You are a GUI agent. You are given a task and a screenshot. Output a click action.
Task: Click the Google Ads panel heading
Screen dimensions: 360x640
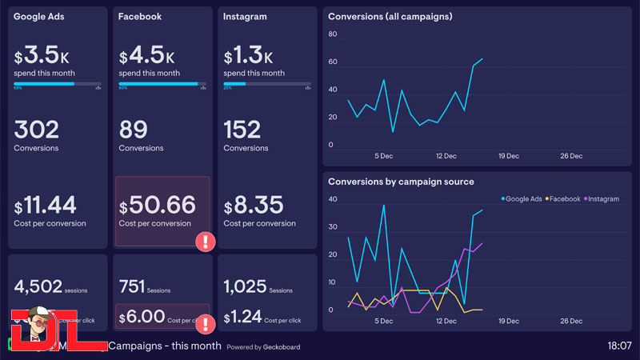click(x=39, y=17)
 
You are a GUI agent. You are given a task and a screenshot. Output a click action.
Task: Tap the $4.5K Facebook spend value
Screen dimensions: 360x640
click(x=147, y=57)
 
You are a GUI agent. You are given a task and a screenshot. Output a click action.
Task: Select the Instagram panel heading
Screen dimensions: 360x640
click(x=245, y=17)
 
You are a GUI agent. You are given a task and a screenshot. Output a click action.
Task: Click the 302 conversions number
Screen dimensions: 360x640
click(x=37, y=130)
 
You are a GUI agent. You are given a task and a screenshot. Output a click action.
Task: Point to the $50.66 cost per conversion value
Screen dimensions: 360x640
click(x=157, y=205)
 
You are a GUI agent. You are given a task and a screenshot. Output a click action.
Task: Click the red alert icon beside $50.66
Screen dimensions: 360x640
click(x=206, y=241)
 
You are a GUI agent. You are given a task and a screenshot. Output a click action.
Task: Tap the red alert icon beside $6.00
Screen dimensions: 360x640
click(x=206, y=324)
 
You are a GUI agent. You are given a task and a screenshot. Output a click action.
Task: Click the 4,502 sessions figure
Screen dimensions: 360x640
click(x=39, y=286)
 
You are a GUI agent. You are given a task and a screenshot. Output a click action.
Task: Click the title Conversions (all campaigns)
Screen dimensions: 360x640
click(x=390, y=17)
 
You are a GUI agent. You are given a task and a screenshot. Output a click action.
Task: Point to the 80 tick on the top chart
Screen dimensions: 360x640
click(x=333, y=34)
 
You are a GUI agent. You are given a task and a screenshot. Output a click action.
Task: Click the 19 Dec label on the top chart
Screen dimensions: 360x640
click(x=510, y=156)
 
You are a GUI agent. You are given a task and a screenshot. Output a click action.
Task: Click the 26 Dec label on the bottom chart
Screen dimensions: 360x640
click(x=571, y=321)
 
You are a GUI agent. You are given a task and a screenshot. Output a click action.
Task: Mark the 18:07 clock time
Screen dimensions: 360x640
click(x=619, y=346)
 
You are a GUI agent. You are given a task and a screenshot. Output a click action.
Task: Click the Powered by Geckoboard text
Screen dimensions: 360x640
click(x=260, y=347)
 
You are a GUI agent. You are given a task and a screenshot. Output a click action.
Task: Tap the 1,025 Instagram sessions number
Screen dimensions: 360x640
click(x=245, y=286)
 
